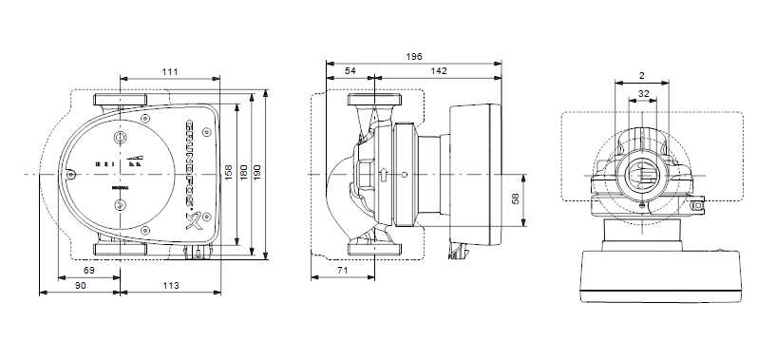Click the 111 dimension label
[170, 72]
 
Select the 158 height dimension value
[227, 173]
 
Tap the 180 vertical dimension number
[244, 173]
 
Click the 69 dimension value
[88, 272]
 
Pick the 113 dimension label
[170, 285]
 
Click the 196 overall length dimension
[413, 58]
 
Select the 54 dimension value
[350, 72]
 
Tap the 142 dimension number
[440, 72]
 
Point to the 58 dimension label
[516, 200]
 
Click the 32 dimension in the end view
[643, 94]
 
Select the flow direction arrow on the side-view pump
[383, 175]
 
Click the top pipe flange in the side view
[377, 100]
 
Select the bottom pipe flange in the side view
[377, 252]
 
